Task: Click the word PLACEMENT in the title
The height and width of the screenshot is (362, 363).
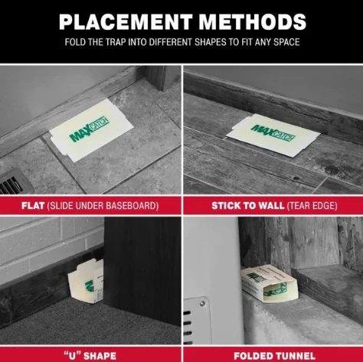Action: pos(126,22)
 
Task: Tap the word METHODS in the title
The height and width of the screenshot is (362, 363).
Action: pos(253,22)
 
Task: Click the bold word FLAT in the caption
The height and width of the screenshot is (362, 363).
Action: pos(33,206)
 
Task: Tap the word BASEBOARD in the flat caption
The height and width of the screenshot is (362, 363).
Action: pos(132,206)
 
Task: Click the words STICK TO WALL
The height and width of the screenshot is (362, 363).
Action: pos(248,206)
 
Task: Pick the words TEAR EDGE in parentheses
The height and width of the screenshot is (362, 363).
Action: pos(312,206)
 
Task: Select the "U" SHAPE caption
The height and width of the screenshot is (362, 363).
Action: pos(90,356)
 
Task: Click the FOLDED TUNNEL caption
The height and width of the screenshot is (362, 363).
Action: pos(274,356)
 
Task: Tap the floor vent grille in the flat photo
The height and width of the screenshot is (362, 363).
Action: pos(13,183)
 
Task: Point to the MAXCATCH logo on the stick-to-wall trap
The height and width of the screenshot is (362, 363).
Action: pos(273,132)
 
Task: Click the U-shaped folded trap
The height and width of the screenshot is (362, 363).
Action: pos(86,281)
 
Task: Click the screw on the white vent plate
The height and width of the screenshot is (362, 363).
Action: pos(202,304)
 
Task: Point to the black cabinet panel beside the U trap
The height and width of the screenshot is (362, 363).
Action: pos(142,270)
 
